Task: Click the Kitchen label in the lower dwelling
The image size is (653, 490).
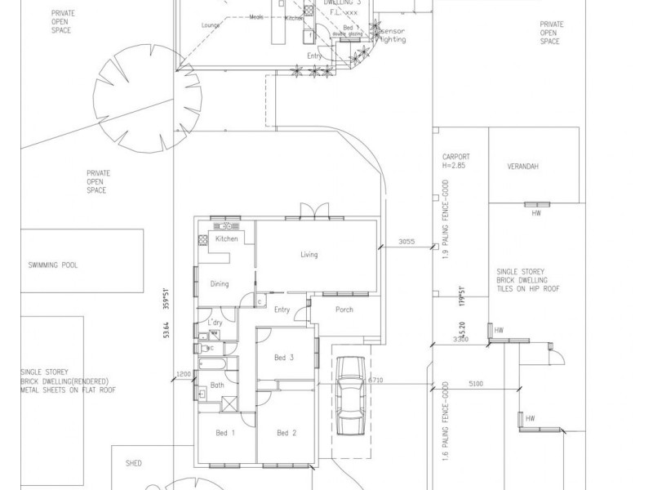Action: click(226, 239)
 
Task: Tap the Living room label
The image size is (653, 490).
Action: click(309, 255)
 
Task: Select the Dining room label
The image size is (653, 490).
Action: click(220, 284)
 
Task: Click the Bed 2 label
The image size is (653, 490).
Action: click(285, 433)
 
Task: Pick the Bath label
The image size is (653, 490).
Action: click(217, 385)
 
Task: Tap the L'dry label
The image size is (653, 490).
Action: click(215, 324)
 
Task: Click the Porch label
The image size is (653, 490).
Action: click(344, 310)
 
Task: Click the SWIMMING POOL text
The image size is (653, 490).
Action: click(52, 265)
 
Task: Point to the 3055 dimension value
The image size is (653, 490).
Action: click(407, 242)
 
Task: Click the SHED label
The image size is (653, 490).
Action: click(134, 463)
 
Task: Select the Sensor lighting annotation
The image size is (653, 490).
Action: click(393, 34)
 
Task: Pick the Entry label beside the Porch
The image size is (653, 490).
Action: click(282, 310)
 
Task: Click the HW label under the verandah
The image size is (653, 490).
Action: click(536, 213)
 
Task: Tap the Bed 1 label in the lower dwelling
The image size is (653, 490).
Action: click(225, 433)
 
